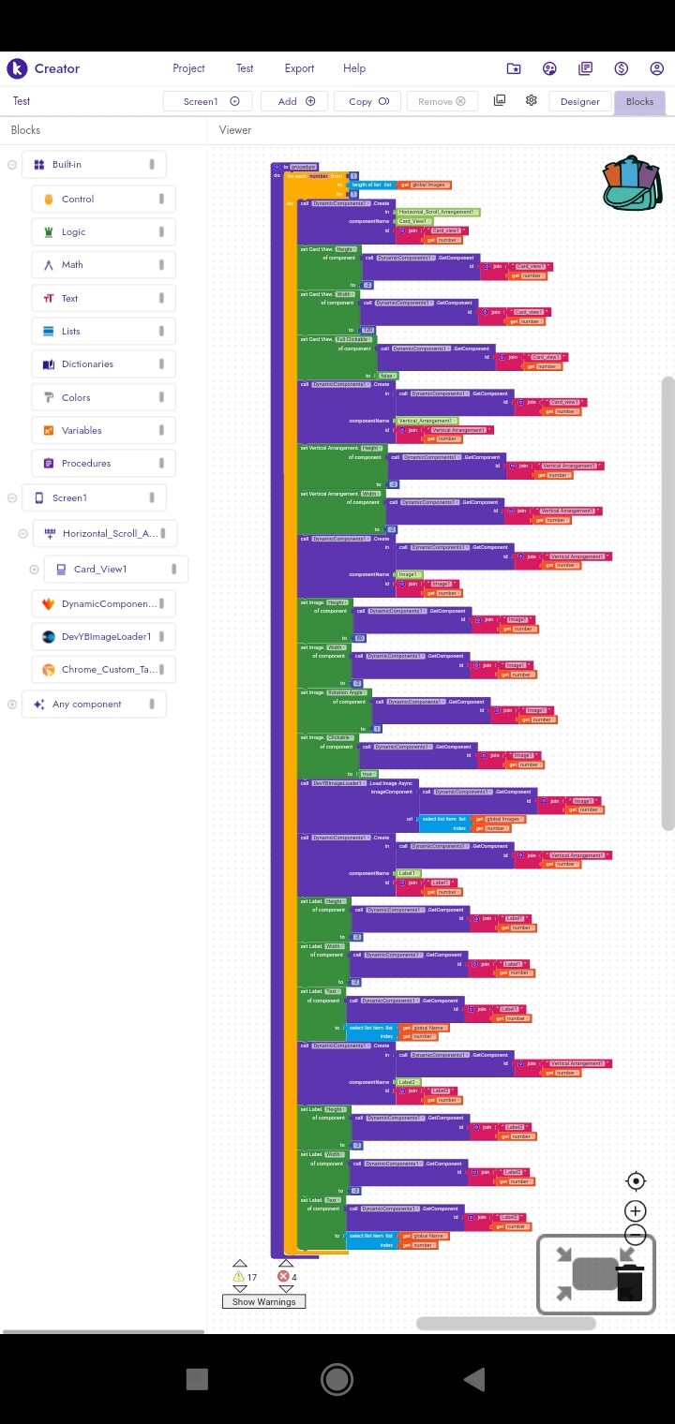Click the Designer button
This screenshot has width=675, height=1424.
(579, 101)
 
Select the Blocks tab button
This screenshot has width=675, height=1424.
(639, 101)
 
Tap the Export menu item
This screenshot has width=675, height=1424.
(299, 68)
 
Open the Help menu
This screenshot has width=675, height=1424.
(354, 68)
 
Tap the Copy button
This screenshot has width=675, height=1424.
(368, 101)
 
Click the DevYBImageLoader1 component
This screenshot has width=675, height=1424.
(105, 637)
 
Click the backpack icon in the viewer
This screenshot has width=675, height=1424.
(633, 183)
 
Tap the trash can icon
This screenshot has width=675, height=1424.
(629, 1281)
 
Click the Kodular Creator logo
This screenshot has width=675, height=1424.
(17, 68)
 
